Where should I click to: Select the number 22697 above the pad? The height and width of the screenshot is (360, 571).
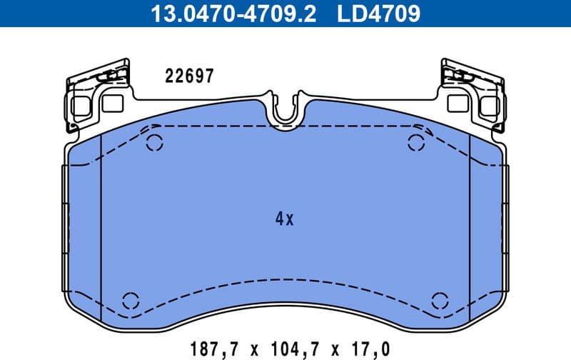(189, 76)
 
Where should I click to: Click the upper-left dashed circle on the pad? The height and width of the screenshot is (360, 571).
(154, 142)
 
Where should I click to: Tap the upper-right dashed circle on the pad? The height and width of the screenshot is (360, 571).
(415, 142)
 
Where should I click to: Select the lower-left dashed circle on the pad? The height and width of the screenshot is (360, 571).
(131, 299)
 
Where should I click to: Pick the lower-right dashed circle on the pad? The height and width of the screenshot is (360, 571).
(439, 299)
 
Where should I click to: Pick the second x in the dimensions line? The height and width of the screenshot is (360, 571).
(333, 349)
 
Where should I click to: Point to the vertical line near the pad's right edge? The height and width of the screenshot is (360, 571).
(468, 229)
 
